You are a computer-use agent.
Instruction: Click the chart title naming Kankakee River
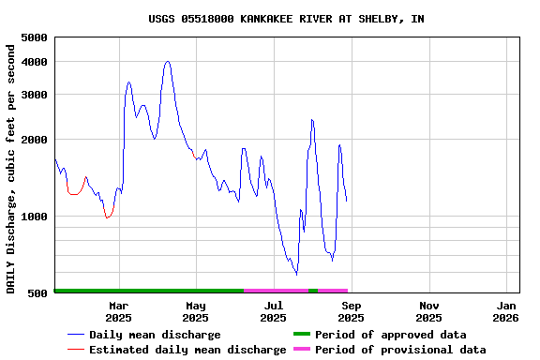286,19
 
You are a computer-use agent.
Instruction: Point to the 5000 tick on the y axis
34,37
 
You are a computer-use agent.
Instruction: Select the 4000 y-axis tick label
34,62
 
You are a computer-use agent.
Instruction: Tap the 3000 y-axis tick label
34,95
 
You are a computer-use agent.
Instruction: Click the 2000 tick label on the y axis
34,140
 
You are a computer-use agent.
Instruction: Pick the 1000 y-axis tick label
34,217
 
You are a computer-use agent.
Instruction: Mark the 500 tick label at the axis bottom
37,293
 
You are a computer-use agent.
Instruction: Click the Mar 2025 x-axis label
118,311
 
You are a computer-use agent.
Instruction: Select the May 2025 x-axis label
196,311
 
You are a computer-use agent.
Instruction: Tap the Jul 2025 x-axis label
273,311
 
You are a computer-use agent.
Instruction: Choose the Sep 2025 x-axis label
351,311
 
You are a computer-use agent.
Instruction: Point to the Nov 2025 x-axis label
428,311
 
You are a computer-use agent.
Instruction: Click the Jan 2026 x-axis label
506,311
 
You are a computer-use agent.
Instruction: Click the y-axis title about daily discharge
12,165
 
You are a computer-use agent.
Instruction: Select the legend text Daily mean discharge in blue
155,335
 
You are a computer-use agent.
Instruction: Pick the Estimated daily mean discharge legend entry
187,350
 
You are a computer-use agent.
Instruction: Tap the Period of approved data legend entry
390,335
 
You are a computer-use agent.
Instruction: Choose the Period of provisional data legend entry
400,350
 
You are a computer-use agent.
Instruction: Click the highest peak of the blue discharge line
168,62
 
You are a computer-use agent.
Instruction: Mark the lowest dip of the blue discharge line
296,274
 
